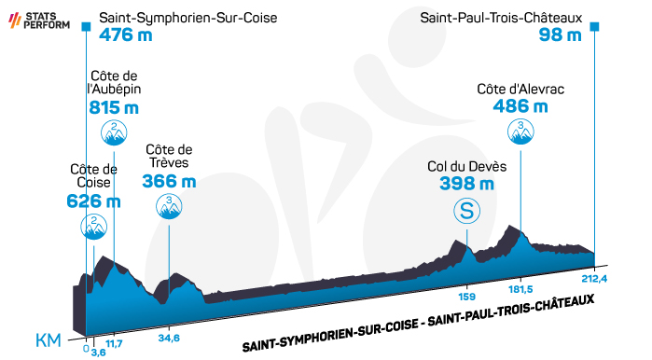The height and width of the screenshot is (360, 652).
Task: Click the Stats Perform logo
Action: coord(39,21)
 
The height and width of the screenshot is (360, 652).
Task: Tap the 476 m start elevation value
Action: coord(126,35)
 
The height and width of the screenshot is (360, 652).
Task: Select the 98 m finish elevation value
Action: coord(560,35)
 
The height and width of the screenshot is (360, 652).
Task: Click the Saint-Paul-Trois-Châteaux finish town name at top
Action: coord(501,18)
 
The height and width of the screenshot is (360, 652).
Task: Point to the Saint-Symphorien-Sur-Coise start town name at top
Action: coord(187,18)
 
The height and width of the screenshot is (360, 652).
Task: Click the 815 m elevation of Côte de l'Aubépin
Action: coord(114,107)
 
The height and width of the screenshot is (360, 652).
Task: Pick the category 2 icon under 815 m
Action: coord(114,132)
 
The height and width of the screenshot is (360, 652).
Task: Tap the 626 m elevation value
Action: coord(93,201)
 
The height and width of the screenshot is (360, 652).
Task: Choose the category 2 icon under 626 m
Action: coord(93,227)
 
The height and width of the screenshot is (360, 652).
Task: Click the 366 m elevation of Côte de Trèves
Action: coord(169,181)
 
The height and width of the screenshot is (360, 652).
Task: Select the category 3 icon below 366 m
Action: coord(169,206)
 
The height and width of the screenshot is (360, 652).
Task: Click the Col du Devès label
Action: coord(467,167)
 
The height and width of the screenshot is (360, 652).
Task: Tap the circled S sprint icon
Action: coord(467,211)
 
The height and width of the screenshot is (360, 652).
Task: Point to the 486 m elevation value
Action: coord(520,106)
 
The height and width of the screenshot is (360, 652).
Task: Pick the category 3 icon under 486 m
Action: coord(520,132)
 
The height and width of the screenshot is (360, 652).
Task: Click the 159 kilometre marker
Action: coord(467,298)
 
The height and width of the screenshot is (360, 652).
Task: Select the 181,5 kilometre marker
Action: coord(520,289)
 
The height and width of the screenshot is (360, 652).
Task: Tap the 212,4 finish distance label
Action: coord(594,279)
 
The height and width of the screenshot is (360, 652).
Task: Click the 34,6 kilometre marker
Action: coord(169,338)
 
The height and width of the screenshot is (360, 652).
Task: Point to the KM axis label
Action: coord(49,340)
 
